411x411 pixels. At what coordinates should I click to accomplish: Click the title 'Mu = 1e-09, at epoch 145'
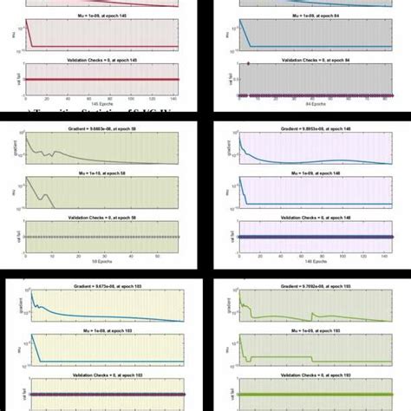pyautogui.click(x=102, y=16)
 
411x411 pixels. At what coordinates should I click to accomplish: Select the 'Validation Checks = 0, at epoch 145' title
pyautogui.click(x=102, y=58)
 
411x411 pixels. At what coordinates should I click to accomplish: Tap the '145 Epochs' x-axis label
pyautogui.click(x=102, y=95)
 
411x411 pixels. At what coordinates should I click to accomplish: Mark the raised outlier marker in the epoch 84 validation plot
pyautogui.click(x=250, y=64)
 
